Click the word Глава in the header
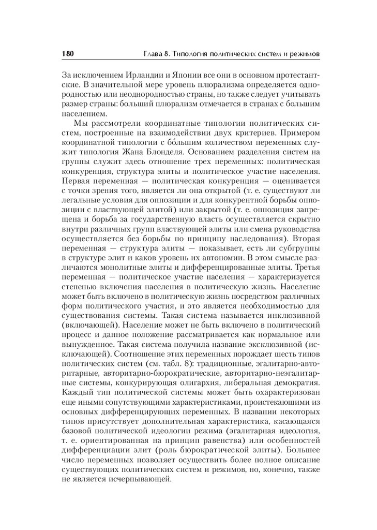click(154, 54)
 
